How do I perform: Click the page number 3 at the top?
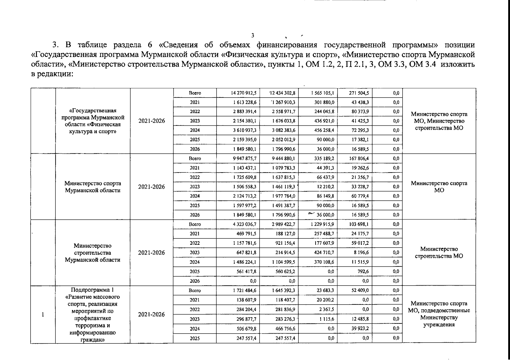253,35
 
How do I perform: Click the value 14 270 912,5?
243,93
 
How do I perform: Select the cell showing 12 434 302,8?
282,93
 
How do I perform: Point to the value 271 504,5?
359,93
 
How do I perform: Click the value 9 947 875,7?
244,158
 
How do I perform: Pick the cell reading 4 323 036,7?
244,224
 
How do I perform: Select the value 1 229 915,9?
322,224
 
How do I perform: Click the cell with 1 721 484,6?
244,290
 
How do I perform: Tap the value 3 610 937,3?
244,130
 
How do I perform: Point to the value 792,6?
363,271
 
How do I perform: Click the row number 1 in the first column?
43,314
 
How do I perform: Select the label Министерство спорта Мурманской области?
93,187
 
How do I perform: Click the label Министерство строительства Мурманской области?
93,253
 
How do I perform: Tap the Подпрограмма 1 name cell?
93,314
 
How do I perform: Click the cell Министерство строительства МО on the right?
439,253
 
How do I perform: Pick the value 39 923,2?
359,329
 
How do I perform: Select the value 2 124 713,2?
244,196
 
